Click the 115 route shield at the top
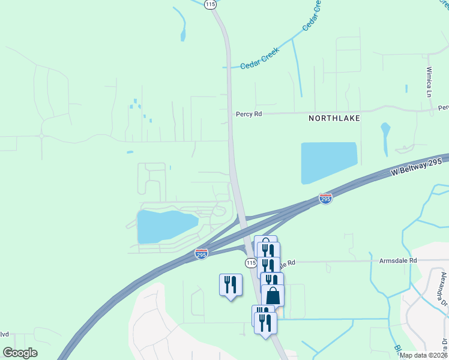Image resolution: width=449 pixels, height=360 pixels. [x=209, y=4]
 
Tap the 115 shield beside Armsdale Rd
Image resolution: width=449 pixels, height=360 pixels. [x=251, y=263]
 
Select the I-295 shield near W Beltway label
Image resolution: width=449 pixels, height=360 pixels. [x=325, y=199]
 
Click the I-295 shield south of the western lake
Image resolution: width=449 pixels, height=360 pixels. [x=201, y=254]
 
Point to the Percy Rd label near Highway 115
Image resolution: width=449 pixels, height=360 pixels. [x=249, y=113]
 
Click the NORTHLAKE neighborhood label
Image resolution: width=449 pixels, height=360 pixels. [x=334, y=118]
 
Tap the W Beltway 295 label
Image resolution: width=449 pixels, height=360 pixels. [x=416, y=167]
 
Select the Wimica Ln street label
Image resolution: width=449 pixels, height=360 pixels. [x=429, y=82]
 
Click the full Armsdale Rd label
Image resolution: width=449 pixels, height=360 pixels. [x=397, y=261]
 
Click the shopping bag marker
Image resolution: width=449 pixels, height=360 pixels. [x=273, y=296]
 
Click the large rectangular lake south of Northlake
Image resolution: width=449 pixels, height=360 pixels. [x=328, y=163]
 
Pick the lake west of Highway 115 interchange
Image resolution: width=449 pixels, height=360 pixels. [x=165, y=226]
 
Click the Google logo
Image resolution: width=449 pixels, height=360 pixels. [x=20, y=353]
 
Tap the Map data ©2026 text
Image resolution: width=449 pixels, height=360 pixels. [x=423, y=355]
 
